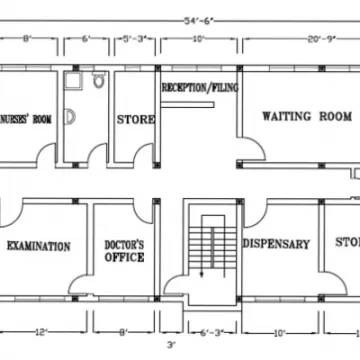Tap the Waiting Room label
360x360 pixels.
pos(300,116)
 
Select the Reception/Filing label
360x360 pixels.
pos(199,88)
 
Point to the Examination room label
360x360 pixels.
pos(38,246)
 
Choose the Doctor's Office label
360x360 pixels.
pos(125,251)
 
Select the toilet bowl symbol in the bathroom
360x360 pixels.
pos(98,85)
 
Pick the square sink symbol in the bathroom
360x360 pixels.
pos(72,85)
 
